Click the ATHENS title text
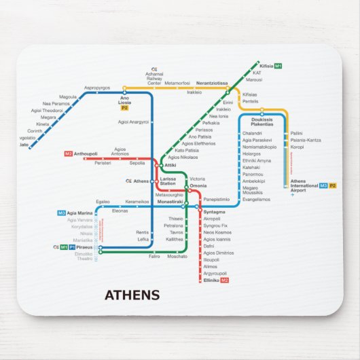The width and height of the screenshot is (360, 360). (x=132, y=295)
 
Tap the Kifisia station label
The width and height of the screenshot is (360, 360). (x=266, y=66)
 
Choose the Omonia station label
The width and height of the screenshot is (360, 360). (x=198, y=185)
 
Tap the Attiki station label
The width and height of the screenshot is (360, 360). (x=170, y=165)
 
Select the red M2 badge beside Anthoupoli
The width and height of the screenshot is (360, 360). (x=69, y=154)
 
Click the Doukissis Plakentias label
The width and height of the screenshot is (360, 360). (x=262, y=122)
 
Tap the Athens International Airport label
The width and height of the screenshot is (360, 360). (x=303, y=186)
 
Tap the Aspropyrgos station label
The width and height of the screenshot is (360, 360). (x=97, y=88)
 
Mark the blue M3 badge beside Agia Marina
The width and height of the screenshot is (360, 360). (x=61, y=213)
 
